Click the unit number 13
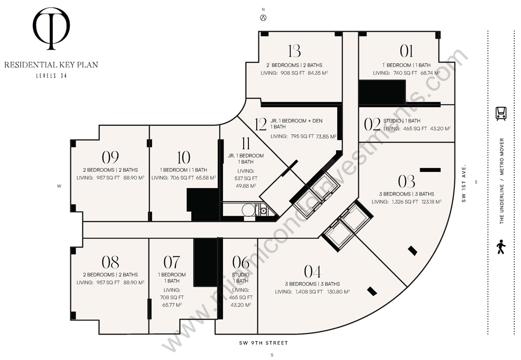[x=294, y=51]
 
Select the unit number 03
[x=406, y=181]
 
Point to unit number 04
[x=312, y=272]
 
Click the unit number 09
[x=110, y=158]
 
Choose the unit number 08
[x=110, y=262]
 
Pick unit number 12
[x=261, y=124]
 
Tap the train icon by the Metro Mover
[x=501, y=113]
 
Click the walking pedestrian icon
[x=501, y=247]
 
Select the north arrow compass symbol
[x=263, y=18]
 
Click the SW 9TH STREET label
[x=264, y=343]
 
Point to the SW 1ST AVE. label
[x=464, y=183]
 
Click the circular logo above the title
[x=51, y=29]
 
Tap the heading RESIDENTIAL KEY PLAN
[x=51, y=64]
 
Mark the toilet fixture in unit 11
[x=248, y=210]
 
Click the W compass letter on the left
[x=59, y=186]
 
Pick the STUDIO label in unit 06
[x=240, y=274]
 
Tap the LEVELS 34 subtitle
[x=51, y=76]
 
